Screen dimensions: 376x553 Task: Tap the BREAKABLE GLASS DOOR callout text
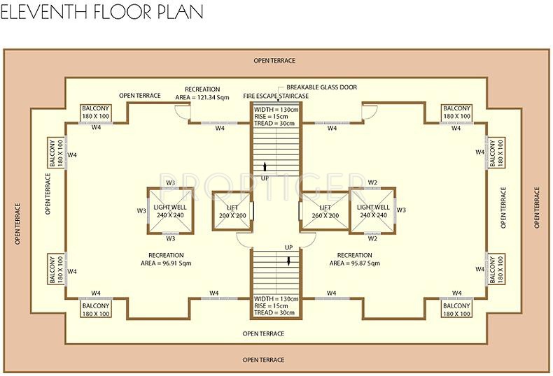[321, 87]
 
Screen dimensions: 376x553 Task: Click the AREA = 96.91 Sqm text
[166, 263]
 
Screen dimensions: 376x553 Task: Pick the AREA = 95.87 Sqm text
[354, 263]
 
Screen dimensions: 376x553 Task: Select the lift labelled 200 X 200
[232, 212]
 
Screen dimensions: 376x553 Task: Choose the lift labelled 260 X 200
[325, 212]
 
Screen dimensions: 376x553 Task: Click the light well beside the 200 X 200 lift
[170, 211]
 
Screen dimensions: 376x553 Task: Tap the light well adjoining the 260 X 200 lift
[372, 211]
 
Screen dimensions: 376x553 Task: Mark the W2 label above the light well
[373, 183]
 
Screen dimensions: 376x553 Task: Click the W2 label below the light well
[373, 238]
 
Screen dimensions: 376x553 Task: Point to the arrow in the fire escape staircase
[265, 166]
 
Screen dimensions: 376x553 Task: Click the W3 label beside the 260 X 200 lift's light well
[401, 210]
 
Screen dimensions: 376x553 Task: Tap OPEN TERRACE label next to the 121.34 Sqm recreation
[140, 96]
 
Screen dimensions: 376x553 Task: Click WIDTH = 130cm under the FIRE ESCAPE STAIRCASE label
[276, 110]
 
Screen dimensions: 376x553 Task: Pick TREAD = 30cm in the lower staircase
[276, 312]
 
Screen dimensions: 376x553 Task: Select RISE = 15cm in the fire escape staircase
[274, 117]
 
